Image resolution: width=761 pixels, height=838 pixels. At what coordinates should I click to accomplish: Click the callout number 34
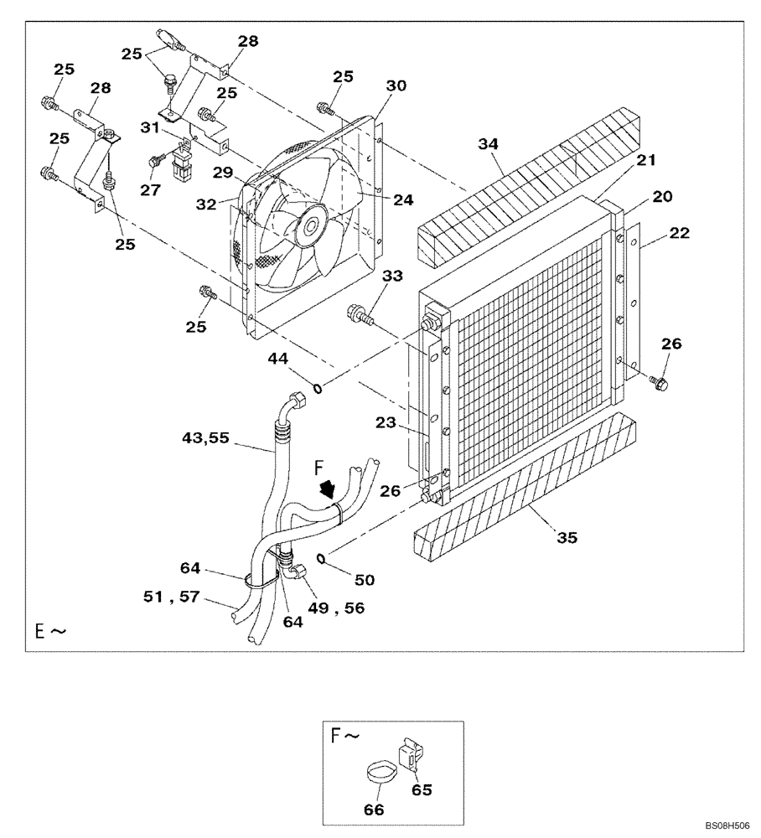[x=489, y=146]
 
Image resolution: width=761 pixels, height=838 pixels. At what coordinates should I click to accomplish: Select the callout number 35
[x=567, y=538]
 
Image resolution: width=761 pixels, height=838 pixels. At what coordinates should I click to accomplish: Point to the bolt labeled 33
[x=361, y=316]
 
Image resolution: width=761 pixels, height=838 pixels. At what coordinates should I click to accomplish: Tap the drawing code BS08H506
[x=727, y=825]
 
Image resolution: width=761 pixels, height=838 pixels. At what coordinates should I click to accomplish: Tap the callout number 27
[x=150, y=190]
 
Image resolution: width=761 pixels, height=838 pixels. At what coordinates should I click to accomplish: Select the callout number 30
[x=396, y=86]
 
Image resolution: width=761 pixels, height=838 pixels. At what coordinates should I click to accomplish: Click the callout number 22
[x=679, y=234]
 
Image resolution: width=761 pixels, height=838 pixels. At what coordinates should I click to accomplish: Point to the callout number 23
[x=386, y=423]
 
